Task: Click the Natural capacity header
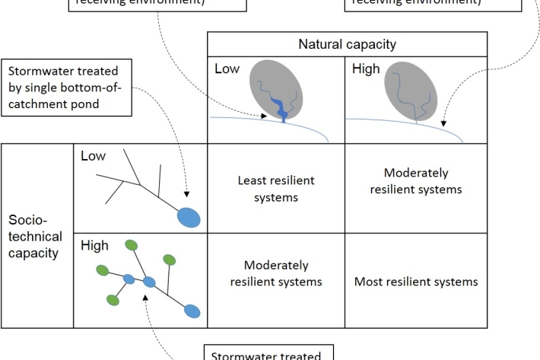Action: coord(347,45)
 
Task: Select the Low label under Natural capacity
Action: coord(227,69)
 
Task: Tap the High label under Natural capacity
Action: coord(366,69)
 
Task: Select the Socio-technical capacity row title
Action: coord(35,237)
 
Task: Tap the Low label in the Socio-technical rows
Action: coord(93,156)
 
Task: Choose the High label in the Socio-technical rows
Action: coord(94,246)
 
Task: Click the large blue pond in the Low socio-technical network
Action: coord(189,218)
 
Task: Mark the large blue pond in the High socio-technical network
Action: coord(192,311)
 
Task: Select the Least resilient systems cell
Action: coord(276,189)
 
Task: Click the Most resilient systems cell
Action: coord(416,282)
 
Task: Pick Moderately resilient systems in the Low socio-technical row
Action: coord(416,181)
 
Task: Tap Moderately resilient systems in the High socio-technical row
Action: coord(276,273)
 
